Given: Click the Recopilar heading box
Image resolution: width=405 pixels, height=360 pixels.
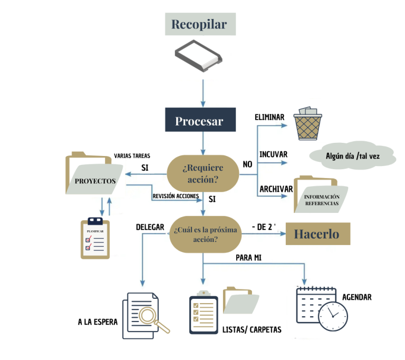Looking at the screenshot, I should coord(199,24).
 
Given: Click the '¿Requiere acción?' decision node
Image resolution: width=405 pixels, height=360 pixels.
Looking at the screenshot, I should coord(202,173).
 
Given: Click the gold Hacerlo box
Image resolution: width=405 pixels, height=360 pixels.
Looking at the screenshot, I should coord(317,233).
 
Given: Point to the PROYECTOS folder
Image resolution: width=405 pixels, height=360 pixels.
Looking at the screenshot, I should coord(94,176).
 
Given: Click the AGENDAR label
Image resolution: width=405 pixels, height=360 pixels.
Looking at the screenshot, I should coord(357,297).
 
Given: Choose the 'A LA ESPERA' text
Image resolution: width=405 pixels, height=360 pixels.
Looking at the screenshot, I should coord(98,322).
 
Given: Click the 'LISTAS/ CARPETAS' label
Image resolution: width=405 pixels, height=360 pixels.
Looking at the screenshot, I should coord(252,330).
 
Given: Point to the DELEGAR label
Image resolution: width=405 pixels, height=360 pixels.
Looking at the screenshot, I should coord(150,227).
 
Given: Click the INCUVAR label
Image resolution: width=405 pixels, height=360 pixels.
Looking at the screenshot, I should coord(273,154).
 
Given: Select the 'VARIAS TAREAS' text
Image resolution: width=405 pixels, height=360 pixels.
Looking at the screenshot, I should coord(132,156).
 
